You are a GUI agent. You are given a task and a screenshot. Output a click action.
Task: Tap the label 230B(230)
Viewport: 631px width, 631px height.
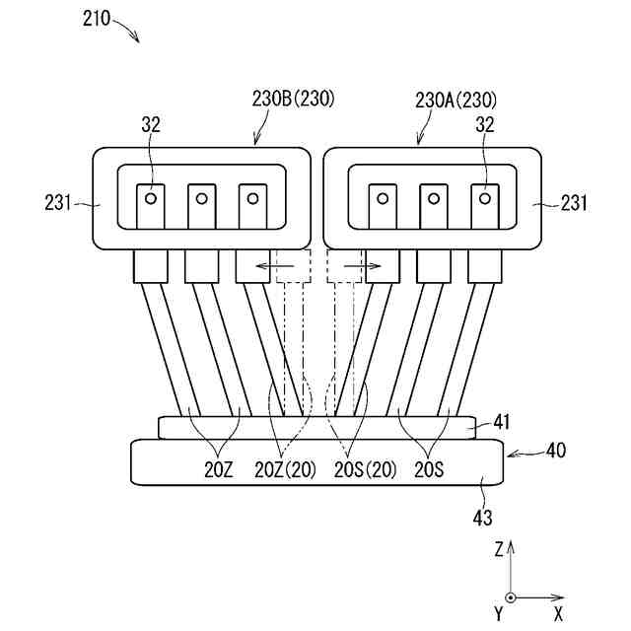click(294, 100)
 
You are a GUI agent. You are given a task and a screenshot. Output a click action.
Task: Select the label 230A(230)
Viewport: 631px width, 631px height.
click(456, 100)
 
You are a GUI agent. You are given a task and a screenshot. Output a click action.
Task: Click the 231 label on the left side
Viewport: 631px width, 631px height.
click(58, 204)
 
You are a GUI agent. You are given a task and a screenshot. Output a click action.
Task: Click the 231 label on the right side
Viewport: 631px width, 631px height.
click(572, 204)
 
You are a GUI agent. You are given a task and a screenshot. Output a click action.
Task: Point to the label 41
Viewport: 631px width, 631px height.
click(501, 423)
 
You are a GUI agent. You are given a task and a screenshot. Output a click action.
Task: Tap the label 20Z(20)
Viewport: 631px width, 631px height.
click(286, 470)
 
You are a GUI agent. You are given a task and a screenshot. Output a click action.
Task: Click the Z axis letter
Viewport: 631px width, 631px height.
click(501, 548)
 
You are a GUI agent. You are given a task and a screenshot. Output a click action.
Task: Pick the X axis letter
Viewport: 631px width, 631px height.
click(558, 614)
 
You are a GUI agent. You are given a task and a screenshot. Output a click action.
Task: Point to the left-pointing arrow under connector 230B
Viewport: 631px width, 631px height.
click(267, 266)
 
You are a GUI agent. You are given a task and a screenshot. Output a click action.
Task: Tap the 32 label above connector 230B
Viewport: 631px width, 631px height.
click(152, 125)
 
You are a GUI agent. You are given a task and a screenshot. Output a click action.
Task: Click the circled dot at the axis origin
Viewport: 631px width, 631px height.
click(510, 597)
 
